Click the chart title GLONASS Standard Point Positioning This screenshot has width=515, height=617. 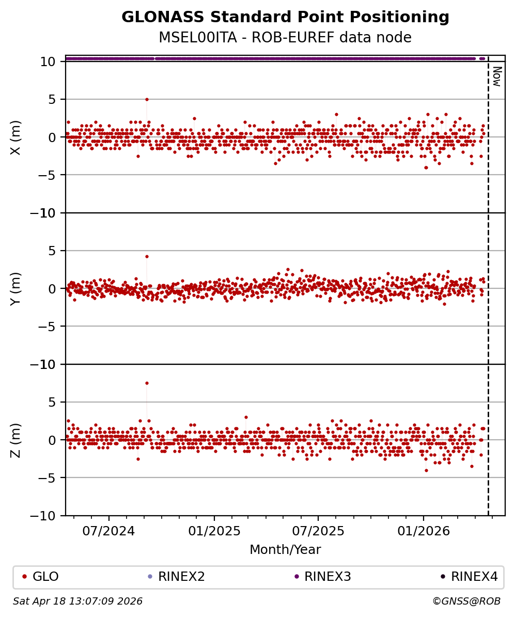[285, 17]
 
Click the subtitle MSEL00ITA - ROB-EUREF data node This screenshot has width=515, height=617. [285, 38]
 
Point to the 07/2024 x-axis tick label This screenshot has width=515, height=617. [109, 531]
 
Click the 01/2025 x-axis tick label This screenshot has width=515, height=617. [214, 531]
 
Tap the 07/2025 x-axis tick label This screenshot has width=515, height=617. [318, 531]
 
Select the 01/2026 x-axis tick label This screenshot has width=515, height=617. [424, 531]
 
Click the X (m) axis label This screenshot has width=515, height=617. [15, 137]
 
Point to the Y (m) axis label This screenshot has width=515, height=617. [15, 288]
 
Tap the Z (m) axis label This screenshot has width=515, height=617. [15, 440]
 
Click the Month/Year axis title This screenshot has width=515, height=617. [285, 550]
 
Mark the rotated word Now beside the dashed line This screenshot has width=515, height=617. [496, 76]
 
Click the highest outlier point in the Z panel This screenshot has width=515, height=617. [147, 383]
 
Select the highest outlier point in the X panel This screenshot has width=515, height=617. [147, 99]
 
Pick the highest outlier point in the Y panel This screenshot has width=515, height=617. [147, 256]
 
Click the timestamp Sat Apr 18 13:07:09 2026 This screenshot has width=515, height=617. [77, 601]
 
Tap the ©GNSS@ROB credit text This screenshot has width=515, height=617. [466, 601]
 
